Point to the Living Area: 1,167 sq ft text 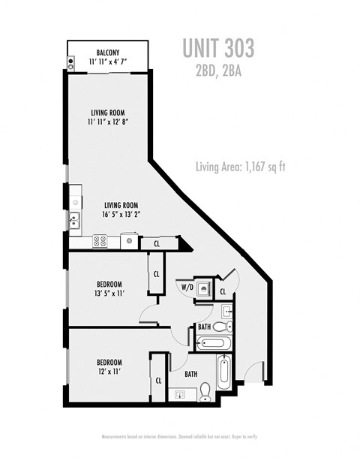coord(240,167)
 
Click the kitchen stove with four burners coord(100,241)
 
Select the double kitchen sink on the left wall coord(73,220)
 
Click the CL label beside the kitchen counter coord(157,243)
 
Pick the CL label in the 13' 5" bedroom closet coord(157,274)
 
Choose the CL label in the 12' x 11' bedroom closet coord(158,381)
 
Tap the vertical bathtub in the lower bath coord(224,373)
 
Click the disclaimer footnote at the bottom coord(180,436)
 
